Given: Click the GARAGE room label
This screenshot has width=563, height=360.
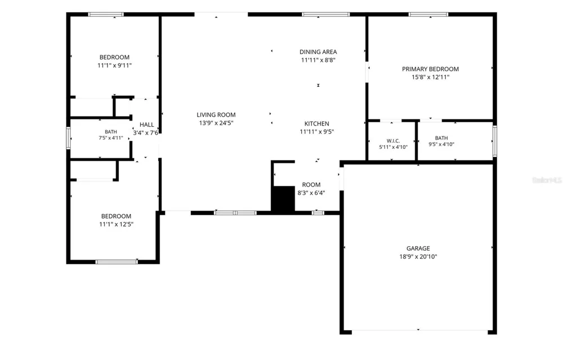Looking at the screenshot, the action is tap(418, 248).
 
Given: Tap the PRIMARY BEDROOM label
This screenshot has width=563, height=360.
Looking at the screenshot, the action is tap(430, 69).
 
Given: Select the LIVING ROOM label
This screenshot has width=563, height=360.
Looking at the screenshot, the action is tap(216, 114).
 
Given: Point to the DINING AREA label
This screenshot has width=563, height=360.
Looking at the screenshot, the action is tap(318, 52).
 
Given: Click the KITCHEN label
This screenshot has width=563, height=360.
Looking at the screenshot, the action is tap(316, 123).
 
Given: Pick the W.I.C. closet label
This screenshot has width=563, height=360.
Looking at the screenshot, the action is tap(393, 141).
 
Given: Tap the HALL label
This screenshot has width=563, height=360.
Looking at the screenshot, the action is tap(146, 125).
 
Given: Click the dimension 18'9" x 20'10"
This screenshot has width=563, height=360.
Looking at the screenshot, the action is tap(418, 256).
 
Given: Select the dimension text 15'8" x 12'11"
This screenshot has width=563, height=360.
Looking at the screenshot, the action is tap(430, 77).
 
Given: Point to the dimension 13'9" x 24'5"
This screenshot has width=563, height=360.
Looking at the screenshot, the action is tap(216, 123).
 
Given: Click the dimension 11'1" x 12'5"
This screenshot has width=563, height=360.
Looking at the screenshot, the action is tap(117, 224).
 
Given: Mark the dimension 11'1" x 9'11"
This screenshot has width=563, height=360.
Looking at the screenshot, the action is tap(114, 65).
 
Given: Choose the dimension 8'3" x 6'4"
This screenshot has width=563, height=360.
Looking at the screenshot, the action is tap(311, 193).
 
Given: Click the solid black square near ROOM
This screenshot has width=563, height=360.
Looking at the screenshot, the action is tap(283, 199).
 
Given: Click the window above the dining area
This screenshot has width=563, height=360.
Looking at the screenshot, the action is tap(325, 15).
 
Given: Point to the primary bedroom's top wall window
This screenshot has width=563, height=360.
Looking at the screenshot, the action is tap(428, 15).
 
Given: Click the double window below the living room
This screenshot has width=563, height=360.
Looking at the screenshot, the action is tap(235, 213).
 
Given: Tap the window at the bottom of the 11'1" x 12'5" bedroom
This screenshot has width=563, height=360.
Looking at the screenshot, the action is tap(117, 262).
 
